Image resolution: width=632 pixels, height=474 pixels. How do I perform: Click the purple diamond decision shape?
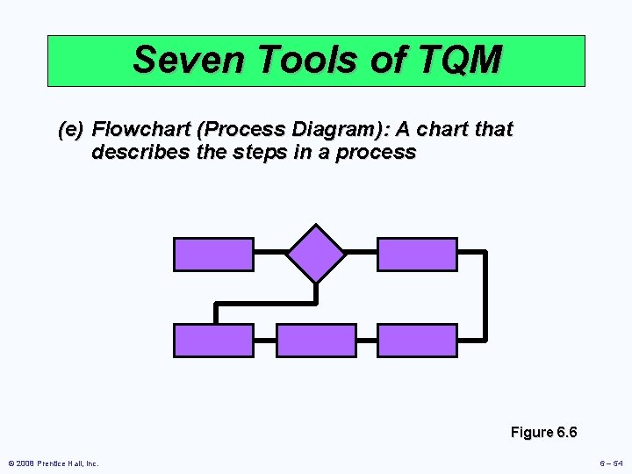coord(316,253)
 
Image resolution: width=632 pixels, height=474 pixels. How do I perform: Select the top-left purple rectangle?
coord(213,254)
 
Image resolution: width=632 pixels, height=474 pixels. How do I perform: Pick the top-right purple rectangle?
coord(417,254)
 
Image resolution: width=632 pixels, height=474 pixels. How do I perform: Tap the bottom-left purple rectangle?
coord(213,341)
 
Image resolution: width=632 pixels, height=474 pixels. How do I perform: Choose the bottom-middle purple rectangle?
coord(316,341)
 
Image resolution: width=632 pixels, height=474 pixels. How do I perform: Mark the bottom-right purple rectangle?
coord(417,341)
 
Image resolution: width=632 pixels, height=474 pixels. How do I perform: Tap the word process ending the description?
coord(380,153)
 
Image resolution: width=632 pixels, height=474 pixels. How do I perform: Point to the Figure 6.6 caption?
coord(543,432)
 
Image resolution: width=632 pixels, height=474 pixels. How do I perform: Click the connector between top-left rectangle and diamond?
coord(270,253)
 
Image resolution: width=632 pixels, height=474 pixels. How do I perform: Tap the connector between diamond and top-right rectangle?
coord(361,253)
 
